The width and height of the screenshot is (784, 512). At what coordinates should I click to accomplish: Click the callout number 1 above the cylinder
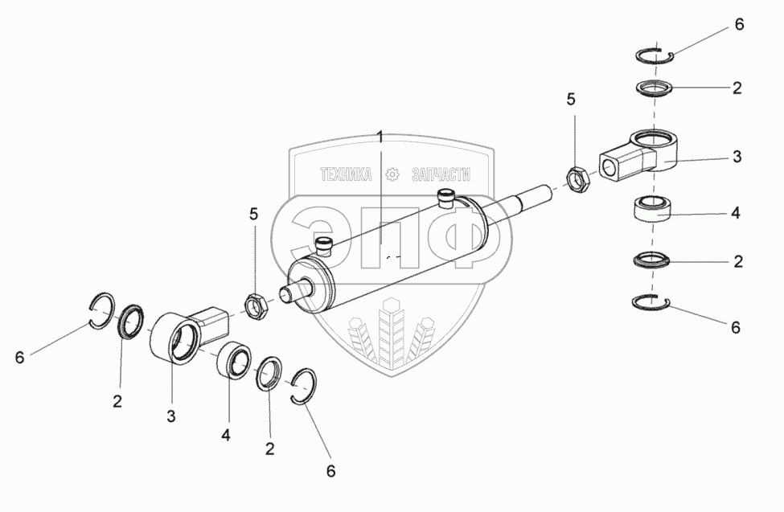(x=380, y=137)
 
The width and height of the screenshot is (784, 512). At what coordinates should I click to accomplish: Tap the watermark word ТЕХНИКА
(x=346, y=174)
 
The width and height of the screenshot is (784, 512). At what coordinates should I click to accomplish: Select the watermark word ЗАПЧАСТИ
(x=441, y=174)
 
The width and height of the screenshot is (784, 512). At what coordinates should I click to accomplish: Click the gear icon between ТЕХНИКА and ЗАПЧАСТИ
(x=392, y=174)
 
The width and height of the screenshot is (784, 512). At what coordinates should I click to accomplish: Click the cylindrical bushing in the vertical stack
(x=653, y=208)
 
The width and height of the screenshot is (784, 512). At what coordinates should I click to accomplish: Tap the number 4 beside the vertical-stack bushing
(x=736, y=213)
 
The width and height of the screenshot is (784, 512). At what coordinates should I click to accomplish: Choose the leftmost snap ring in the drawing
(x=102, y=310)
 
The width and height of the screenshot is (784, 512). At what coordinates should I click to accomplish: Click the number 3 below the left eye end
(x=171, y=416)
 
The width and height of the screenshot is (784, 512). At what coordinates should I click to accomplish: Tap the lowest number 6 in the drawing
(x=331, y=471)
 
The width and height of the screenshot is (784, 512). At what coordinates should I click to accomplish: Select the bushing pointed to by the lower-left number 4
(x=234, y=362)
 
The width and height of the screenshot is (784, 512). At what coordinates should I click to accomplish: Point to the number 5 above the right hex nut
(x=571, y=100)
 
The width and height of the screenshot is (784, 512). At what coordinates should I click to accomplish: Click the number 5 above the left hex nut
(x=254, y=215)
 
